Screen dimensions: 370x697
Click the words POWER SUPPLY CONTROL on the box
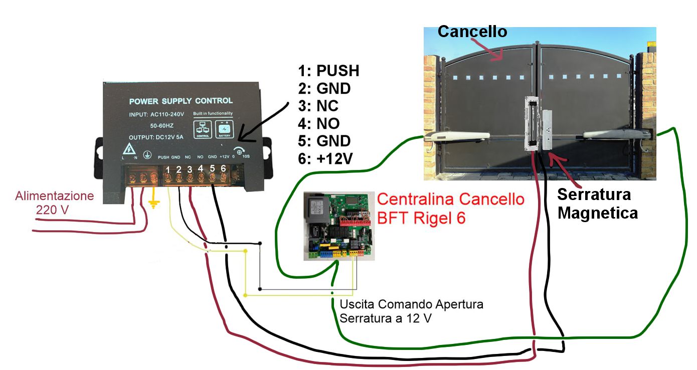tap(181, 101)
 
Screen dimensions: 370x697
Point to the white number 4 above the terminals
tap(201, 169)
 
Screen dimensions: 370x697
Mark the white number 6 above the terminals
tap(223, 169)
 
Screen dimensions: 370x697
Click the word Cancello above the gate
tap(472, 32)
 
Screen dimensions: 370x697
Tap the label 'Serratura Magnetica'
tap(597, 204)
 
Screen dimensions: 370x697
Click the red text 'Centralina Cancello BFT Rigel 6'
tap(450, 208)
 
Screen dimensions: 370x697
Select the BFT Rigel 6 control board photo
tap(339, 226)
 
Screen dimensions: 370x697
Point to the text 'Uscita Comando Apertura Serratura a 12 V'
tap(411, 311)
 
